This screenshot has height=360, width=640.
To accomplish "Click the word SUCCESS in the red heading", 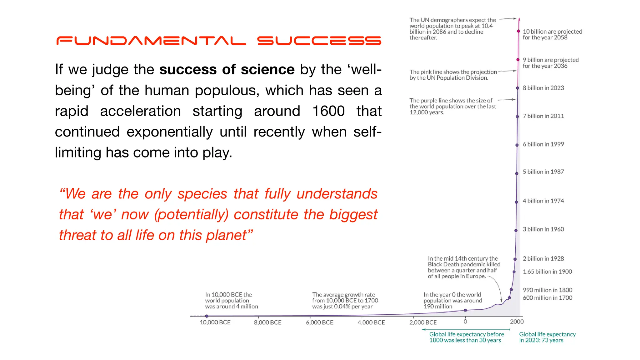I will pos(319,41).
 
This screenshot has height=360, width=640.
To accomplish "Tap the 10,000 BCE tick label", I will pos(215,322).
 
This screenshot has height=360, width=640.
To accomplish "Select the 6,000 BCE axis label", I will pos(319,322).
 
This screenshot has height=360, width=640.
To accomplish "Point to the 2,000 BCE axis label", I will pos(423,322).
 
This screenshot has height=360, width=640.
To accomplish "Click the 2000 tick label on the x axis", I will pos(517,322).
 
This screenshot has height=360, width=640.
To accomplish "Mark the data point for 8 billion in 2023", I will pos(517,88).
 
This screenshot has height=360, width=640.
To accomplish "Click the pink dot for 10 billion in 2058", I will pos(518,31).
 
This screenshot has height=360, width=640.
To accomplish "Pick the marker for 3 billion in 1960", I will pos(516,230).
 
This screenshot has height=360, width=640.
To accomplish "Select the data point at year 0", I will pos(465,310).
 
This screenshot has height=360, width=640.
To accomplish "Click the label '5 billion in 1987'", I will pos(543,172).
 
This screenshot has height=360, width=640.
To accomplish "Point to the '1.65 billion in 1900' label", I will pos(547,272).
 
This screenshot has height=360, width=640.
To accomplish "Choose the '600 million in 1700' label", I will pos(547,298).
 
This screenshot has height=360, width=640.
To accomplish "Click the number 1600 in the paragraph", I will pos(328,111).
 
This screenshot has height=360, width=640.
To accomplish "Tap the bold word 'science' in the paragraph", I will pos(267,69).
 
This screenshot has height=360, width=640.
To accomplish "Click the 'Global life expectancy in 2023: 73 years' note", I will pos(547,337).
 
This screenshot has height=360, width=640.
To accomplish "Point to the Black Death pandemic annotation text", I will pos(464,267).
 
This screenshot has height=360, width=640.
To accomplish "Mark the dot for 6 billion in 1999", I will pos(517,145).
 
